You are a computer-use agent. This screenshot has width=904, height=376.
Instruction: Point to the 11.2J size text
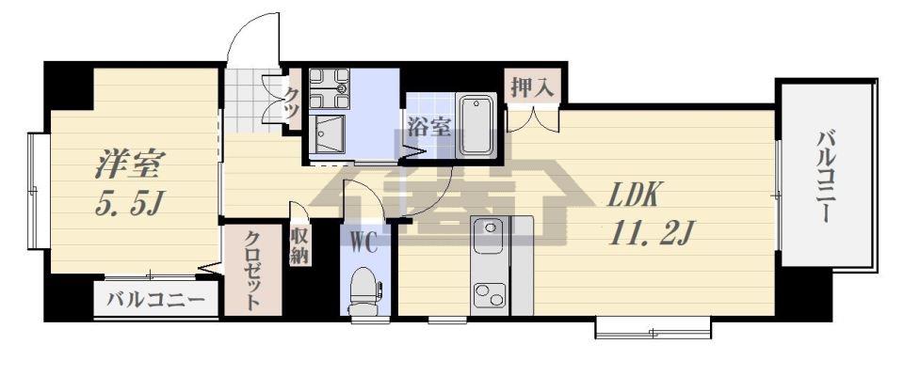pos(648,233)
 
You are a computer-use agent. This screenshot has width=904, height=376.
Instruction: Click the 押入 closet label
pos(532,88)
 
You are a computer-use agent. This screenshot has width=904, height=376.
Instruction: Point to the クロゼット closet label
pos(252,270)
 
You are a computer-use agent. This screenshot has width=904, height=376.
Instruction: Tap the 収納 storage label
pos(299,246)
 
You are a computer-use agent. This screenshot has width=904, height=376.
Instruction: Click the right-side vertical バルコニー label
pos(826,177)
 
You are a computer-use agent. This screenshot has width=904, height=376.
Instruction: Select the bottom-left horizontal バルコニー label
pos(155,300)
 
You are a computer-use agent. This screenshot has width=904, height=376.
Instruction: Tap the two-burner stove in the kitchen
pos(490,296)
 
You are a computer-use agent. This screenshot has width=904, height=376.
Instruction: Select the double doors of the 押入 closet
pos(533,119)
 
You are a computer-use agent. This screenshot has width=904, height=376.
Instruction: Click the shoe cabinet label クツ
pos(292,101)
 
